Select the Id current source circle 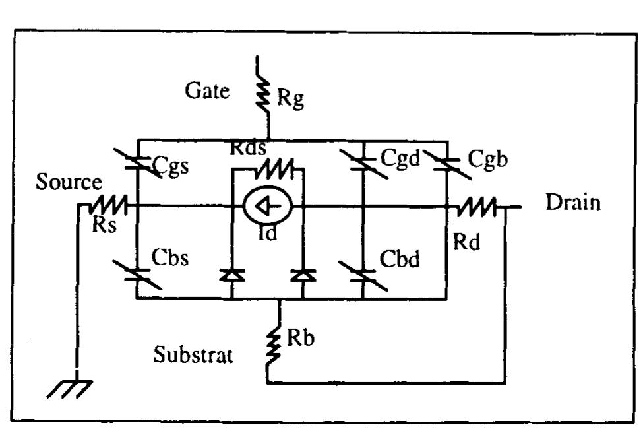[x=268, y=207]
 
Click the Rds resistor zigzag [x=268, y=170]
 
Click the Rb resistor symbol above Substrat [x=268, y=346]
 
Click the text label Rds [x=249, y=149]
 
